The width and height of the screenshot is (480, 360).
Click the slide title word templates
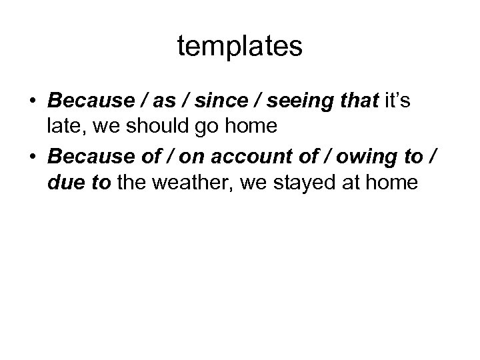click(x=240, y=47)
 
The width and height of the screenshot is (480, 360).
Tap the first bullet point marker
click(x=33, y=101)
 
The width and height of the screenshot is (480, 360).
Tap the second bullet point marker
click(x=33, y=158)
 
